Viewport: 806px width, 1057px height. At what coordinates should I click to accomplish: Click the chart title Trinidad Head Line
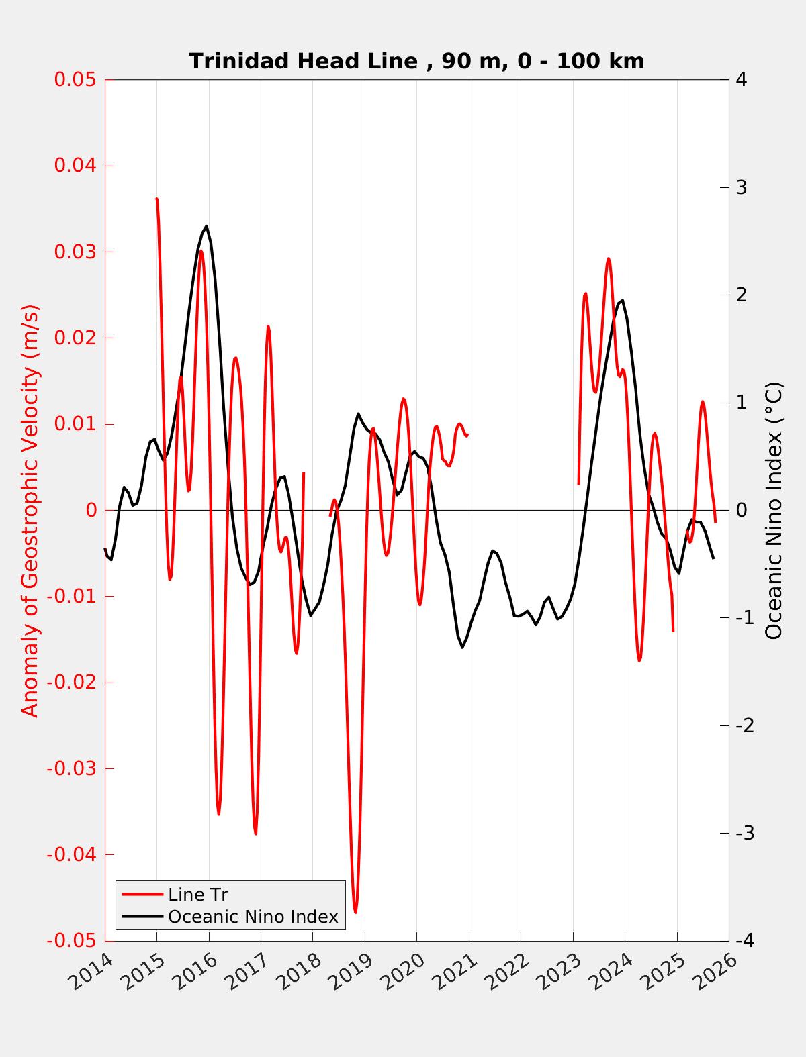click(x=416, y=61)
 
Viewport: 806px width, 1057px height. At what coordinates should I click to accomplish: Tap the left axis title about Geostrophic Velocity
click(x=30, y=510)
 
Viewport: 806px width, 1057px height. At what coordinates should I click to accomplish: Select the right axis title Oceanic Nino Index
click(x=774, y=510)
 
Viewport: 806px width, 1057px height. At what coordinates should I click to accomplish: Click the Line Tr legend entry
click(x=197, y=895)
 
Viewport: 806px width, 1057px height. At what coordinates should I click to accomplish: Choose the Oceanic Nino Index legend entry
click(x=253, y=917)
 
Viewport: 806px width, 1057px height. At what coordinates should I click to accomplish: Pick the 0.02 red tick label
click(x=75, y=338)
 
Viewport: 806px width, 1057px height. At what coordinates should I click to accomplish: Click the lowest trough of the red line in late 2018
click(x=355, y=912)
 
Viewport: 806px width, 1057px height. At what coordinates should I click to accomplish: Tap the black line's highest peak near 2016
click(x=206, y=226)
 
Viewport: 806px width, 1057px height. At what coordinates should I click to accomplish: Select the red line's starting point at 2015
click(x=156, y=199)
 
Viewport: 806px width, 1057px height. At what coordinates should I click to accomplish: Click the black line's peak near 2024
click(x=623, y=300)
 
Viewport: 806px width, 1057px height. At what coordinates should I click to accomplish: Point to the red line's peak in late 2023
click(x=609, y=258)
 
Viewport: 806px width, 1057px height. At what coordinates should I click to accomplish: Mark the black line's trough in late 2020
click(x=462, y=647)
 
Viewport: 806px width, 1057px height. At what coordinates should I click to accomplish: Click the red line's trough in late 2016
click(x=255, y=834)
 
